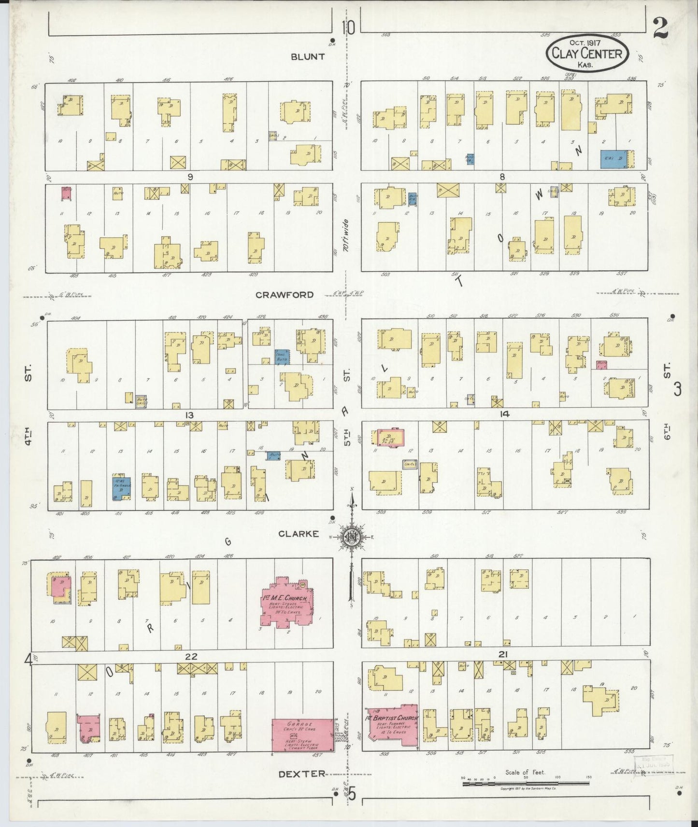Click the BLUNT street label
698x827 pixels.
click(308, 56)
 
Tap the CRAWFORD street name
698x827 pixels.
click(285, 294)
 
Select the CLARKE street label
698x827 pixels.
click(299, 534)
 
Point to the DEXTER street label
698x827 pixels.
click(302, 773)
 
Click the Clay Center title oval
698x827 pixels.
click(587, 53)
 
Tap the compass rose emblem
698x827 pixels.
click(352, 537)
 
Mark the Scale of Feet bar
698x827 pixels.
click(525, 784)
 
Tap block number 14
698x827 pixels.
click(505, 413)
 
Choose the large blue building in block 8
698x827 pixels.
click(614, 159)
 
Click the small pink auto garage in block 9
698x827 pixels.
click(67, 193)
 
